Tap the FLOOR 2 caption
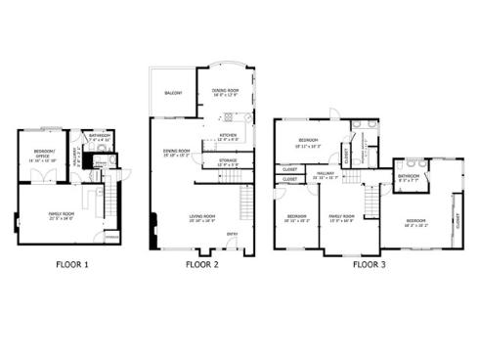pos(202,263)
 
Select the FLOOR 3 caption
pos(368,263)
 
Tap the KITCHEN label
pos(228,135)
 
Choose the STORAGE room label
pos(229,163)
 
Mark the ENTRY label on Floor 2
pos(232,234)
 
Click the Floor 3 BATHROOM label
pos(409,176)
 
